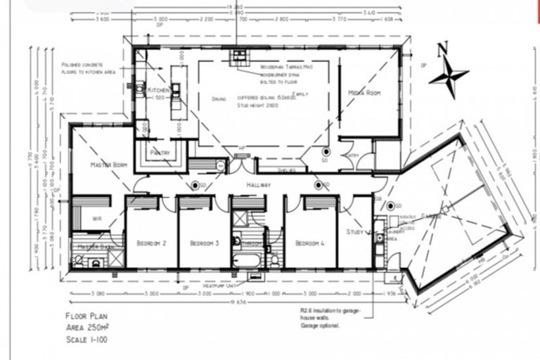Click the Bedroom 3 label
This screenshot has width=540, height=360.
205,243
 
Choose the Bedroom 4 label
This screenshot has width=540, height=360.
310,243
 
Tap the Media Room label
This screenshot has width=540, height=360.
364,93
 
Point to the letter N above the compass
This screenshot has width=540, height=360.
442,49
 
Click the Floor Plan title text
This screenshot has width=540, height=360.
86,317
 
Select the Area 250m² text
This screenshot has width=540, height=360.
86,327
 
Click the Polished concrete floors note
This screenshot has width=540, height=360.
88,67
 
